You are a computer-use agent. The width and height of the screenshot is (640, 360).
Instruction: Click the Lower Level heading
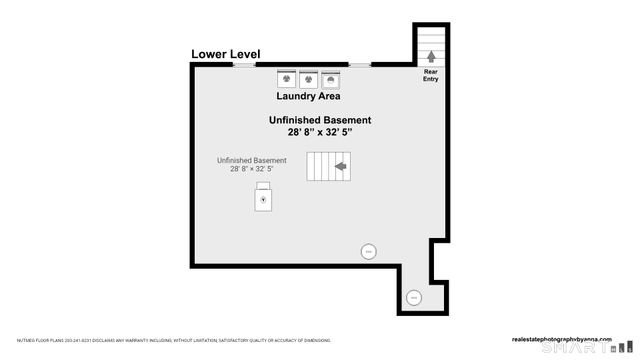pyautogui.click(x=226, y=54)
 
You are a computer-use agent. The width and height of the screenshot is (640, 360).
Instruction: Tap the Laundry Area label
pyautogui.click(x=308, y=97)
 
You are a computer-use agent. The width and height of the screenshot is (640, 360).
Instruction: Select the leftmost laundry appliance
pyautogui.click(x=285, y=78)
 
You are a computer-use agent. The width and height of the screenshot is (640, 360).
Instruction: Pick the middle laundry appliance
pyautogui.click(x=308, y=78)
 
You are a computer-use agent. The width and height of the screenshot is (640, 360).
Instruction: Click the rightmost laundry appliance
pyautogui.click(x=331, y=78)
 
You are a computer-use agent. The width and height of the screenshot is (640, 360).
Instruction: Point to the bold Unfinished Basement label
pyautogui.click(x=312, y=120)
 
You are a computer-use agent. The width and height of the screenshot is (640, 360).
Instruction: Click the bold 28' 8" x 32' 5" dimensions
pyautogui.click(x=312, y=132)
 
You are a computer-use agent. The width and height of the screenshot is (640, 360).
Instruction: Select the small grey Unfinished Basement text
pyautogui.click(x=252, y=160)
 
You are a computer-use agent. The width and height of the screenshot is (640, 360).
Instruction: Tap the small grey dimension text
pyautogui.click(x=252, y=170)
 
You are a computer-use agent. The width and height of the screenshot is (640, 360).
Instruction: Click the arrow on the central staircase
pyautogui.click(x=341, y=166)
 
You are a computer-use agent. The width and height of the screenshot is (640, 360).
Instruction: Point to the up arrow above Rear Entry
pyautogui.click(x=431, y=57)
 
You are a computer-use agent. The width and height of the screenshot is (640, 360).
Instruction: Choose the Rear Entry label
pyautogui.click(x=431, y=75)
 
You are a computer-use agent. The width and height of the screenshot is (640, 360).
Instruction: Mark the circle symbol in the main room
pyautogui.click(x=367, y=251)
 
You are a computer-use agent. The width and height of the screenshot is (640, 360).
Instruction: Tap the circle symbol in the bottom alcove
pyautogui.click(x=414, y=295)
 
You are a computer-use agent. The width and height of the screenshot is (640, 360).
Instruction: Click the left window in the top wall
pyautogui.click(x=244, y=65)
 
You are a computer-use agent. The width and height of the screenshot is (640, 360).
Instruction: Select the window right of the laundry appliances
pyautogui.click(x=359, y=65)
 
